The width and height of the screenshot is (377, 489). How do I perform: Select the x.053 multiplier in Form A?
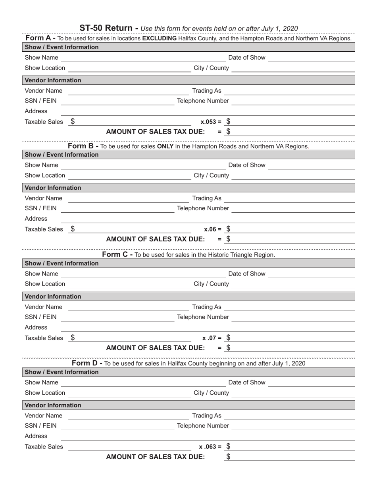[x=211, y=122]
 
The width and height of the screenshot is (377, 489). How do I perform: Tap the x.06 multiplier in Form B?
[x=212, y=229]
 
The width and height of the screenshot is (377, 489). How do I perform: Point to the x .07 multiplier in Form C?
[x=212, y=338]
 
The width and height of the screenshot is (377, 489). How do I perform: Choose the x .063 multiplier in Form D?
[x=210, y=446]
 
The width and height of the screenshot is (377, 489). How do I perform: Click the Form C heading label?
[x=117, y=254]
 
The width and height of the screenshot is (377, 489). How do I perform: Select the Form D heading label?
[x=87, y=363]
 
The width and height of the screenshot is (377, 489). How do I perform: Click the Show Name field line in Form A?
[x=143, y=58]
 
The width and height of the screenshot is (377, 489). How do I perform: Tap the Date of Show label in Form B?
[x=247, y=165]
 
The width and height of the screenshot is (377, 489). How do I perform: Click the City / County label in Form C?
[x=211, y=284]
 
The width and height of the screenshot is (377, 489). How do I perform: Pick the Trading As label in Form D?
[x=207, y=415]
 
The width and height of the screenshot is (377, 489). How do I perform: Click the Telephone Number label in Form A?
[x=203, y=101]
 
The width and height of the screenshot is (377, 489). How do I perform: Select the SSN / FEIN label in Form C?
[x=40, y=317]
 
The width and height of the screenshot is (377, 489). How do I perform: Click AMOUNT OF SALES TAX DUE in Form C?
[x=156, y=348]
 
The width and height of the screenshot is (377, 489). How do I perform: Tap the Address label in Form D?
[x=36, y=436]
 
